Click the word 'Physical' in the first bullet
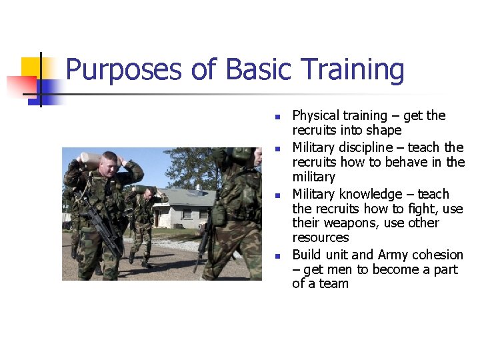pyautogui.click(x=317, y=116)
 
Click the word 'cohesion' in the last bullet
pyautogui.click(x=437, y=255)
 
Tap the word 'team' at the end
pyautogui.click(x=335, y=284)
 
